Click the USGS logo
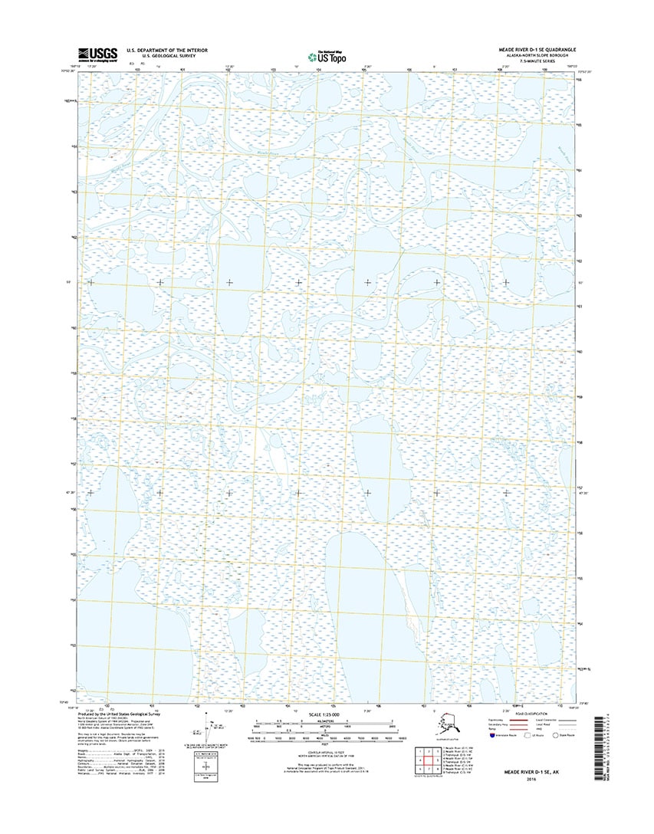97,53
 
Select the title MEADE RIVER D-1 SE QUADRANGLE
536,48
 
